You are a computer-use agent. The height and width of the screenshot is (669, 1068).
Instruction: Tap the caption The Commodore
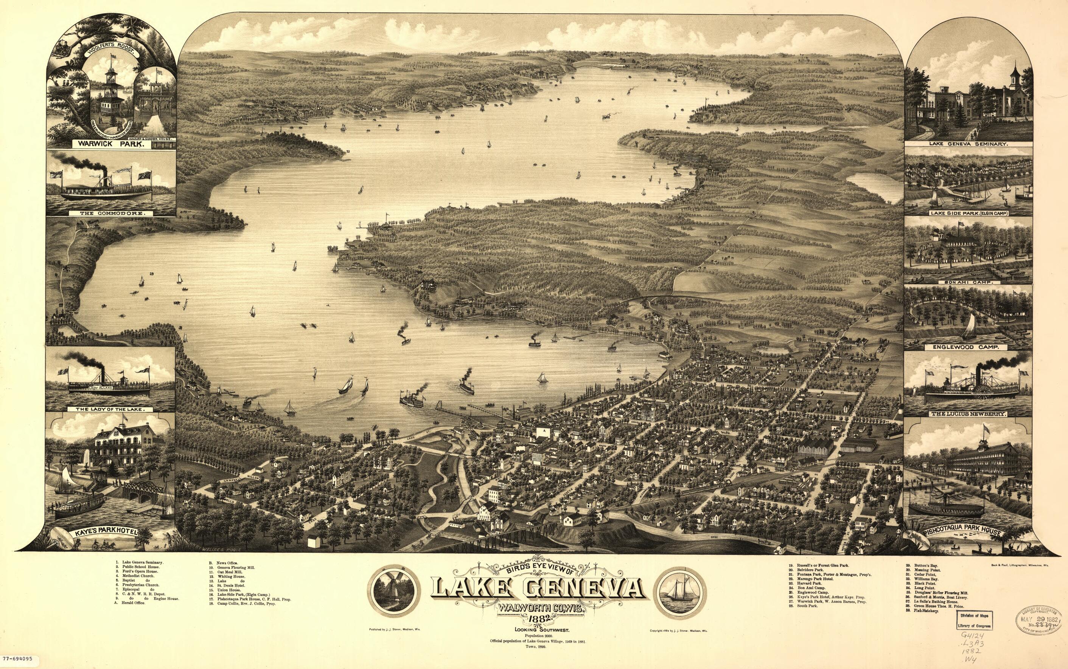click(x=112, y=213)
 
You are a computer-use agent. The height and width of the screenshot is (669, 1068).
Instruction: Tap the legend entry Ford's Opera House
click(x=139, y=571)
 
